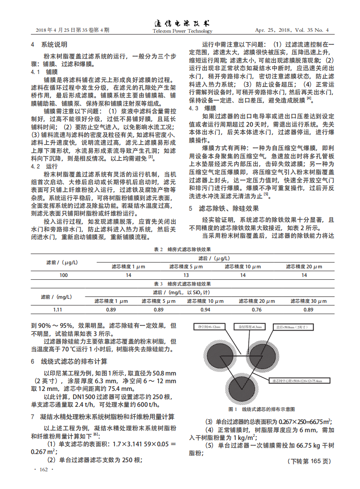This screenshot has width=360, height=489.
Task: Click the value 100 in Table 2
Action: [64, 275]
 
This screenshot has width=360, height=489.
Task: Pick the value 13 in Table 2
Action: [186, 275]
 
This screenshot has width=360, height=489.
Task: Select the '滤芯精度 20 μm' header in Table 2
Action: [304, 267]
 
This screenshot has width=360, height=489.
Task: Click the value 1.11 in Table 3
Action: [57, 309]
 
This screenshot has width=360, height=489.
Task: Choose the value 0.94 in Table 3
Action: [205, 309]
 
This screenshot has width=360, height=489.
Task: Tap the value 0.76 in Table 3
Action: [257, 309]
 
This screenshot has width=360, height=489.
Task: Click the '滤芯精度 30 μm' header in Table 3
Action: [308, 301]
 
